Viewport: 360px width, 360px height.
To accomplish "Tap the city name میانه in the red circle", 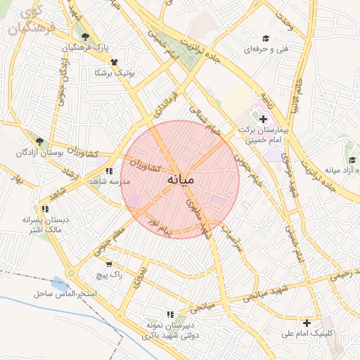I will (180, 180).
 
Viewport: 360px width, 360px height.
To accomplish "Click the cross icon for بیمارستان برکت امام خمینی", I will (263, 120).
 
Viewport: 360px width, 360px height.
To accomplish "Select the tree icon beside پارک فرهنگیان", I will (85, 37).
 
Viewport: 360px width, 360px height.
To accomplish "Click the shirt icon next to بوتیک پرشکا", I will (113, 62).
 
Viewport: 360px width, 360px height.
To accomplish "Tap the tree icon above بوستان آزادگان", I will (39, 141).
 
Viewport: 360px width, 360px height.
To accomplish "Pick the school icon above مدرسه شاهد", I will (108, 171).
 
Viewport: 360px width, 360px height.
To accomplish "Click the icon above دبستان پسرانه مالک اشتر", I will (45, 209).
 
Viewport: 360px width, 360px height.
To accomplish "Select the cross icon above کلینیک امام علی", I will (306, 323).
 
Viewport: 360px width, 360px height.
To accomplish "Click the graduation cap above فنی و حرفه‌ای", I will (266, 38).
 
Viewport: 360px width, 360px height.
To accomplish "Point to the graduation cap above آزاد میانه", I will (352, 160).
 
